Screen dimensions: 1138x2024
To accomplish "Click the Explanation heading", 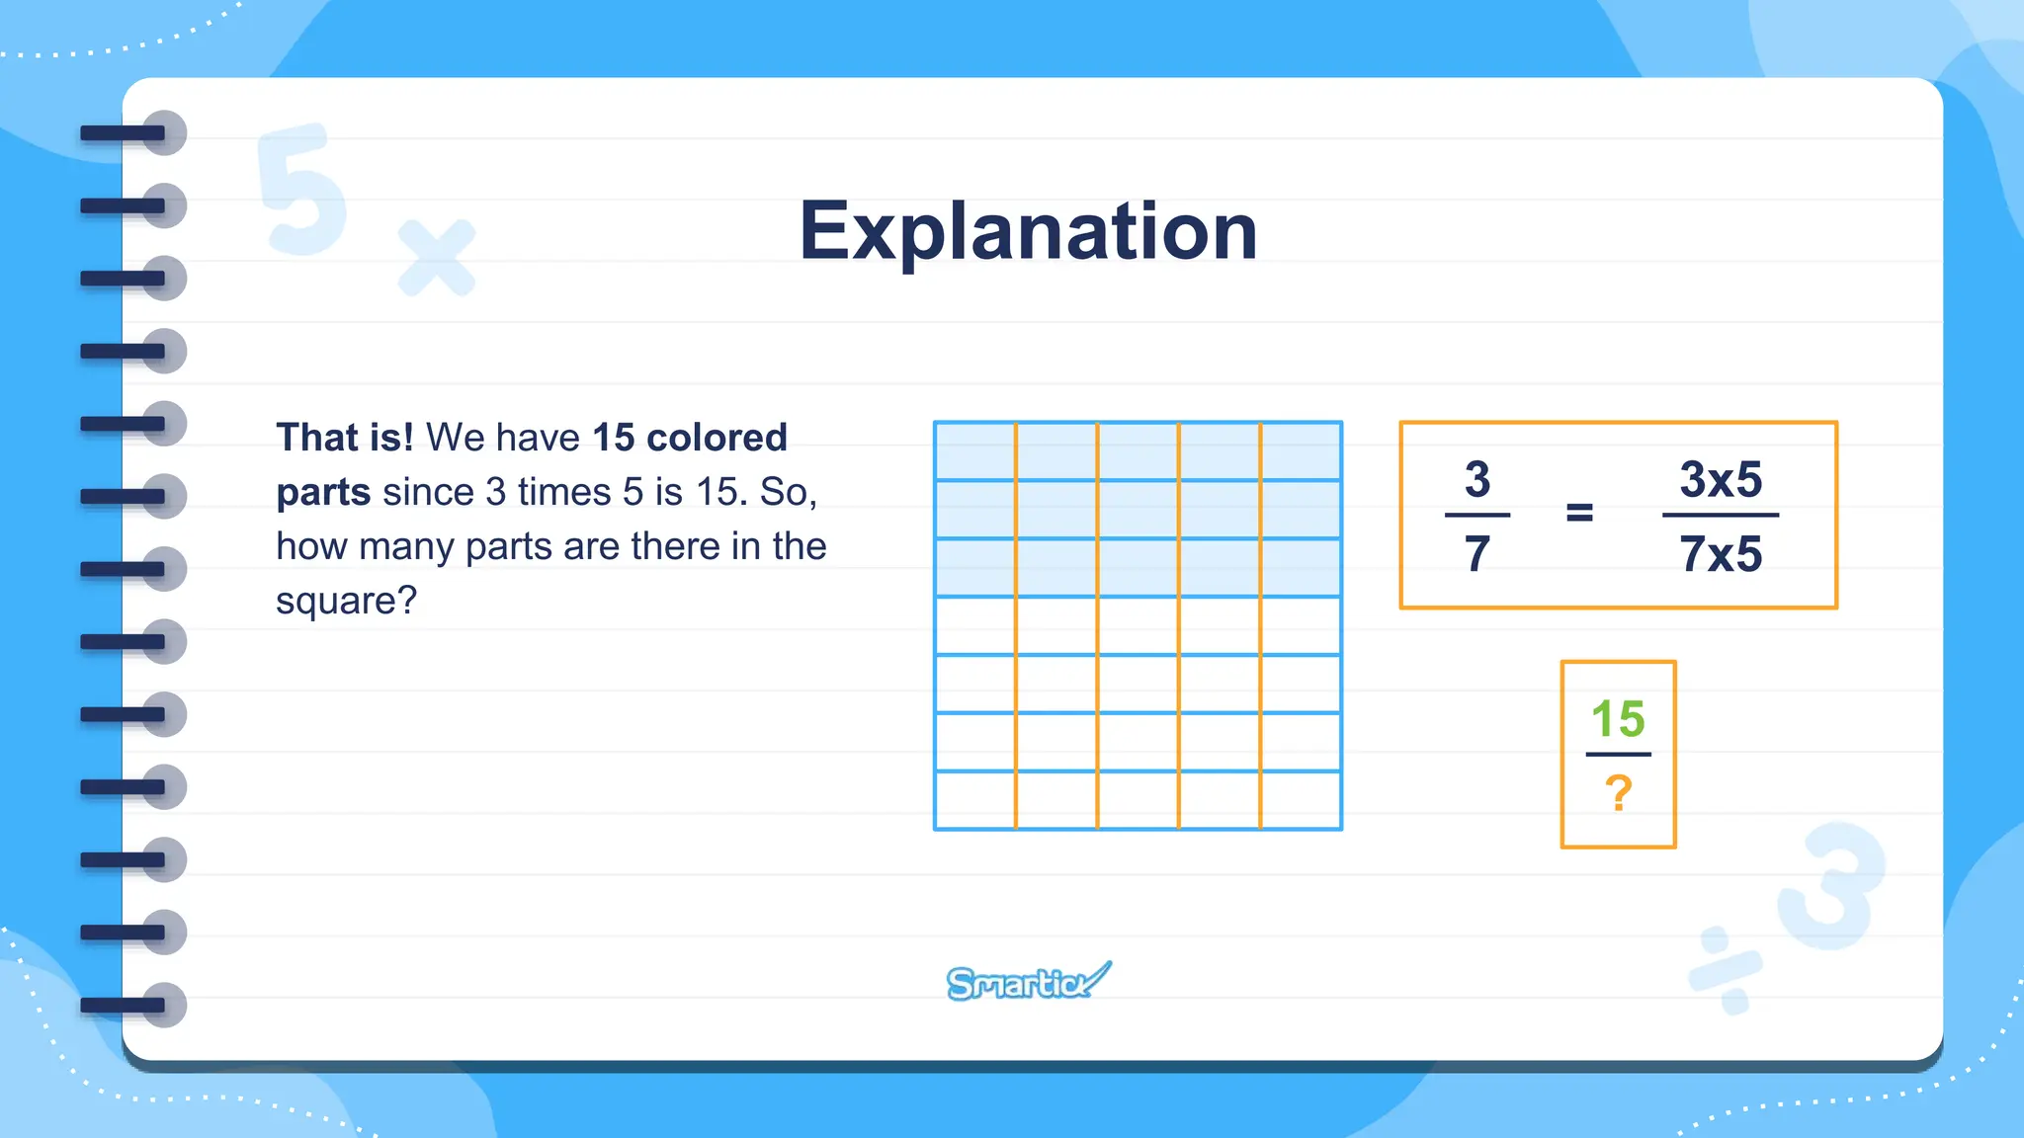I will click(1028, 231).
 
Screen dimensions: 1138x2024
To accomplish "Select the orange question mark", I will click(1618, 792).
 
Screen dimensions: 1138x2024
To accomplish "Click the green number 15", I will click(1618, 718).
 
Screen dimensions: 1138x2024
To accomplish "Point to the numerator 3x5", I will click(1721, 480).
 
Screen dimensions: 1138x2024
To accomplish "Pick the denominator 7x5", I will click(1721, 553).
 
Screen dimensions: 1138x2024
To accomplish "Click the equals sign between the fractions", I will click(1579, 513).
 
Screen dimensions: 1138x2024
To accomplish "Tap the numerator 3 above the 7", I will click(1476, 480).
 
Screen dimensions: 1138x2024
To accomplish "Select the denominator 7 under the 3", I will click(1476, 553).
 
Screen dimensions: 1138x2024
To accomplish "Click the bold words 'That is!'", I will click(345, 438).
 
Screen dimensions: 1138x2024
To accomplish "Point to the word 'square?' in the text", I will click(346, 601).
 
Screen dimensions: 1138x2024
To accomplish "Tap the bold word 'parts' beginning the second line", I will click(323, 492).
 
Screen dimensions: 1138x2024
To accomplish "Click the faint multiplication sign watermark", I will click(436, 258).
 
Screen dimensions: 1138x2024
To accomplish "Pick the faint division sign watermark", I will click(1726, 969).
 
